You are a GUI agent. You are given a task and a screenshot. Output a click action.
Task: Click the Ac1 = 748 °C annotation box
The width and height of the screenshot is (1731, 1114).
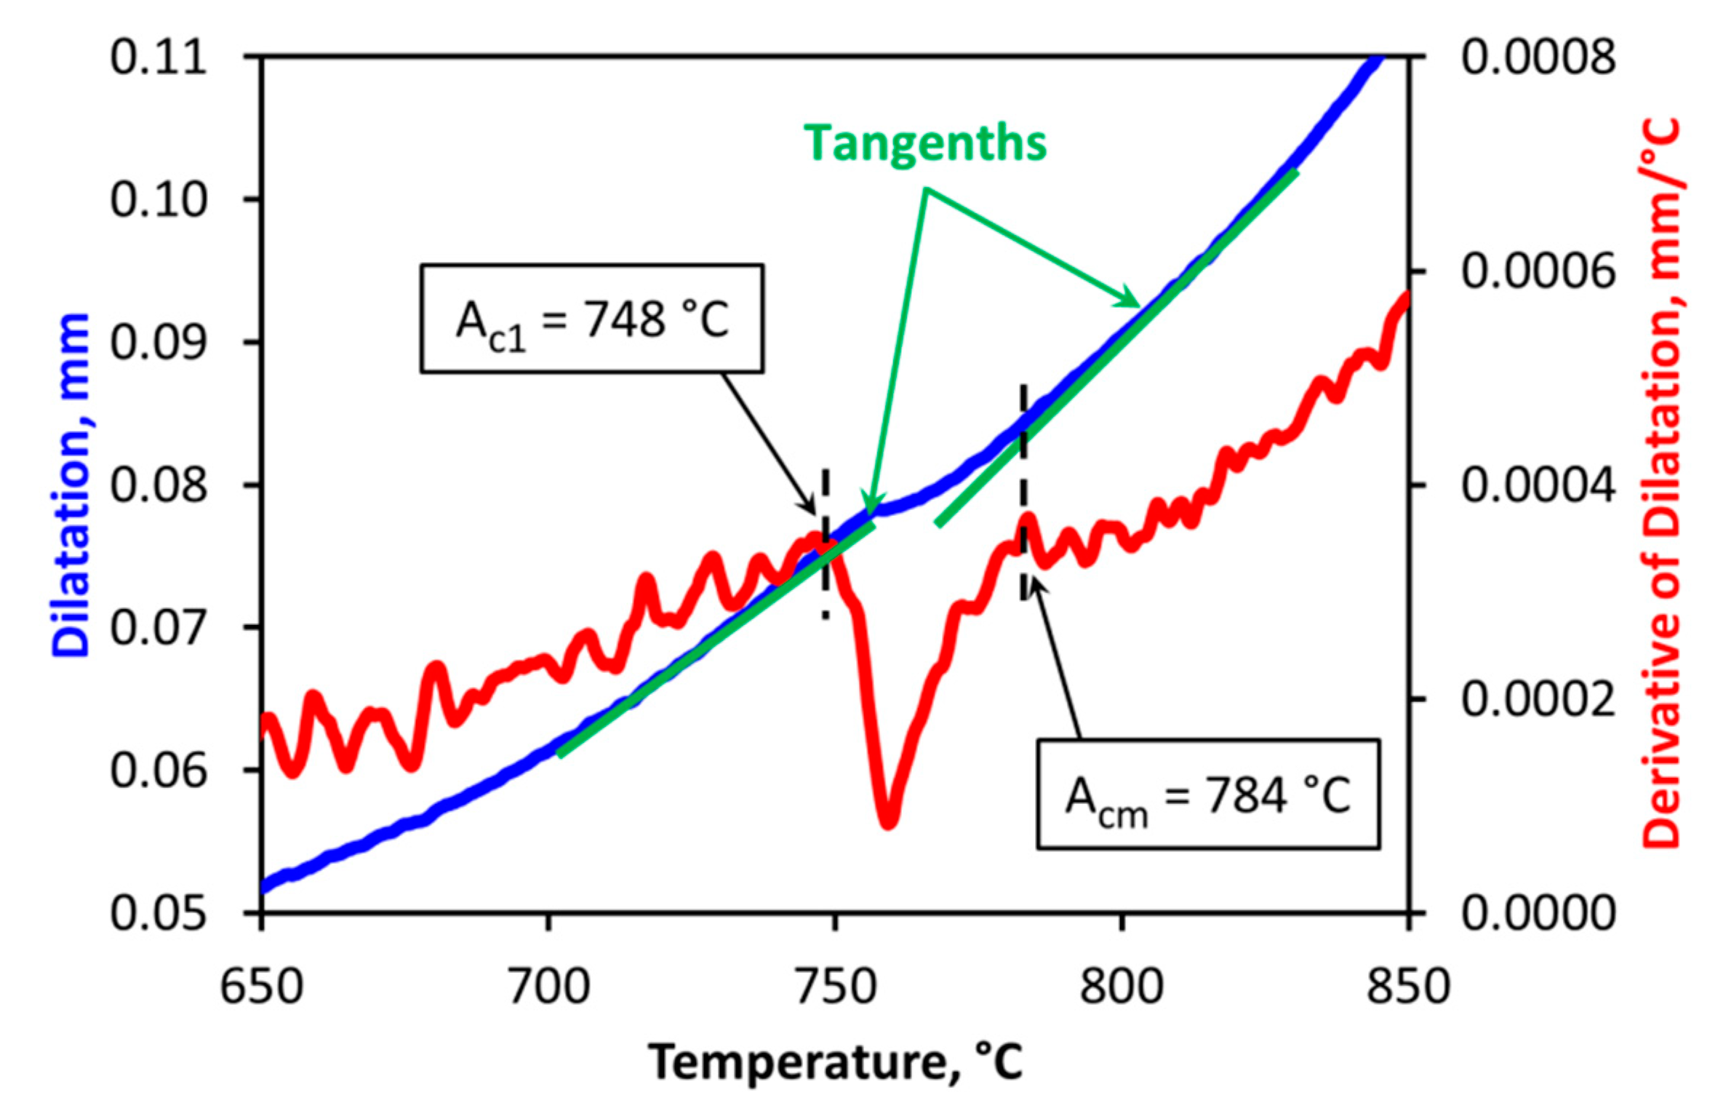point(592,319)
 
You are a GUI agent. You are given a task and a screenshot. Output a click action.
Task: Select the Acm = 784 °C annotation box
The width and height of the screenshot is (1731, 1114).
point(1208,795)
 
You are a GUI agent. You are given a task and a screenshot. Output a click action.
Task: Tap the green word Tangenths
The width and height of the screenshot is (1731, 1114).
point(925,143)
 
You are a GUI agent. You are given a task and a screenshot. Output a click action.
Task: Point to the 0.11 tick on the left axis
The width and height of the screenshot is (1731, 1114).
point(159,57)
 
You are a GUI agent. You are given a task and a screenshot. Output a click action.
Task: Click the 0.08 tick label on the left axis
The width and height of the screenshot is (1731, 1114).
point(159,485)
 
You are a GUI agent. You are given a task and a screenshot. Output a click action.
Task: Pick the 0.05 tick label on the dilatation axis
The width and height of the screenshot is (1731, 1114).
point(159,912)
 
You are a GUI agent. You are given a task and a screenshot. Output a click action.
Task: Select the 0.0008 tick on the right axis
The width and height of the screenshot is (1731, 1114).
point(1538,57)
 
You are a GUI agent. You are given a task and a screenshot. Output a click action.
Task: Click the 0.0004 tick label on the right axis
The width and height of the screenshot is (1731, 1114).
point(1538,485)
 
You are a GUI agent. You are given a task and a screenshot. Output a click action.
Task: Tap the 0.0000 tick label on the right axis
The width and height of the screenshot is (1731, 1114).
point(1538,912)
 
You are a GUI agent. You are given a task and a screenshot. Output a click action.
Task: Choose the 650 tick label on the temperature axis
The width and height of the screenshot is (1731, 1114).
point(261,987)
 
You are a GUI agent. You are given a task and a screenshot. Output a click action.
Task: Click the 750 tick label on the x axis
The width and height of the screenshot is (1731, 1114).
point(836,987)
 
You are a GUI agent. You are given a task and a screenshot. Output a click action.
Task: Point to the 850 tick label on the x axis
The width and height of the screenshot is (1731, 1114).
point(1409,987)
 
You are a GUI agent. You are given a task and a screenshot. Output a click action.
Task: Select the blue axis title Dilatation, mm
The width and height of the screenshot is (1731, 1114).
point(71,485)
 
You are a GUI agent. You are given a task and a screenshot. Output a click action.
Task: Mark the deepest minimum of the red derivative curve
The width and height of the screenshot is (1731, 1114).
point(889,822)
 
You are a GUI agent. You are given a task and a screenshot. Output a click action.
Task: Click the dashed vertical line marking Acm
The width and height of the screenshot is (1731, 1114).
point(1023,492)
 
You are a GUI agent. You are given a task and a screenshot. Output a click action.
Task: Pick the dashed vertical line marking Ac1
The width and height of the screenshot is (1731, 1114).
point(825,544)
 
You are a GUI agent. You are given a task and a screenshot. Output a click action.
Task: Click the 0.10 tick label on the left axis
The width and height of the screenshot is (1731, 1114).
point(159,199)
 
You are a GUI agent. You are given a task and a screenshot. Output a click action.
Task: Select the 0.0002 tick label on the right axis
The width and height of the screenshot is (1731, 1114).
point(1538,699)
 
